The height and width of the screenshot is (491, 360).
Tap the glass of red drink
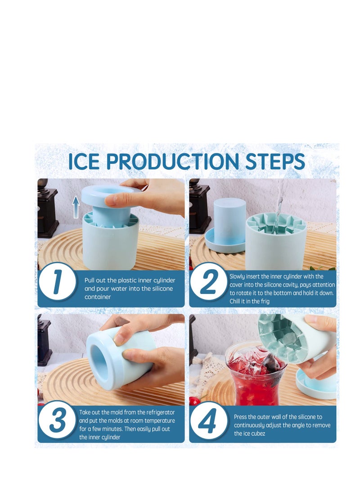tap(255, 375)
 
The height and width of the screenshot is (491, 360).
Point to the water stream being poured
tap(280, 203)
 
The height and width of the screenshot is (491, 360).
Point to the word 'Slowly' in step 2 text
tap(238, 276)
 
